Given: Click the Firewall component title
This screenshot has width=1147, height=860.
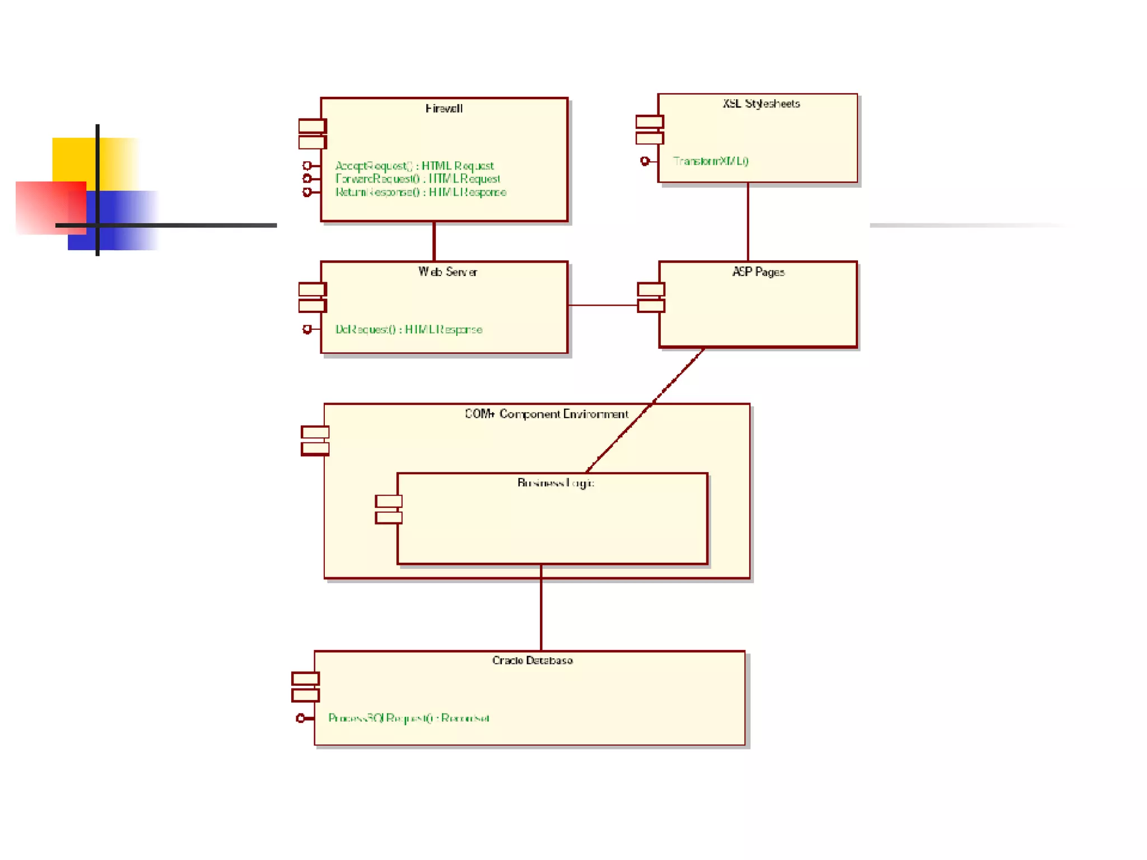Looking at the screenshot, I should coord(444,109).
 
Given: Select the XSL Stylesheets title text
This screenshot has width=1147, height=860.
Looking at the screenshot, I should coord(761,104).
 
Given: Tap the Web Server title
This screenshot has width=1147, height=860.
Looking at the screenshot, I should coord(447,272).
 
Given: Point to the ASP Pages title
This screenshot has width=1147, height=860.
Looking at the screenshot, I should coord(758,272).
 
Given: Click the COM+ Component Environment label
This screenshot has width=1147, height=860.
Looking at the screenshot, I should coord(547,414).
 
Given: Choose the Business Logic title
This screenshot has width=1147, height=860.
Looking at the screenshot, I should coord(556,483).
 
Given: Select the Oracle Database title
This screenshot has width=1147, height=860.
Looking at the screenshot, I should coord(532,661).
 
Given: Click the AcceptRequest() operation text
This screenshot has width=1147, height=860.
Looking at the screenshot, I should coord(414,166).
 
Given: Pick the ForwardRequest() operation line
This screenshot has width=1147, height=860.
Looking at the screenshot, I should coord(418,179).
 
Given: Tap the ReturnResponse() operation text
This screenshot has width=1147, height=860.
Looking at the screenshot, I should coord(421,193).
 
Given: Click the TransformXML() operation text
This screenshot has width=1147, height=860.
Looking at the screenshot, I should coord(711,161).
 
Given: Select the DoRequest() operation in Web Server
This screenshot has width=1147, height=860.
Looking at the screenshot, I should coord(409,330).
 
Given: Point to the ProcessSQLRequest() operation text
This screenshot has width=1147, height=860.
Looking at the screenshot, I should coord(409,718).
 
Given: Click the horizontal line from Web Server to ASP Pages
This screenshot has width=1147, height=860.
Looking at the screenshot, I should coord(603,305).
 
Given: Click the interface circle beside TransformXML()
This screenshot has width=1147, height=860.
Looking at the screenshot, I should coord(645,161).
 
